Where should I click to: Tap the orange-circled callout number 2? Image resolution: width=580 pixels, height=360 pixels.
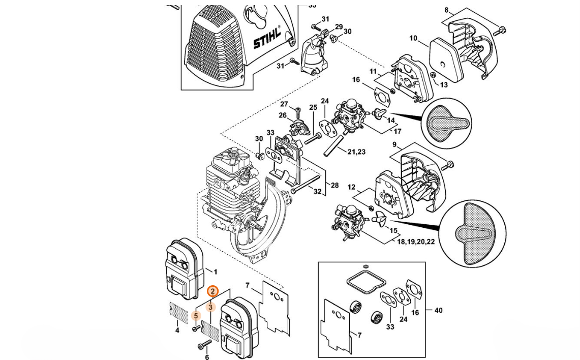(x=213, y=291)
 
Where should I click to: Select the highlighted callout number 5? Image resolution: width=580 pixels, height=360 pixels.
(x=196, y=316)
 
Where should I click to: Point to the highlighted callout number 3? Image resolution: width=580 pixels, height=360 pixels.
(x=210, y=307)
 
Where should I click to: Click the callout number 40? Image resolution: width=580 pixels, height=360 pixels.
(x=438, y=310)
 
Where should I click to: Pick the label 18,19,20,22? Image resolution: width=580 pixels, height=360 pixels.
(x=416, y=242)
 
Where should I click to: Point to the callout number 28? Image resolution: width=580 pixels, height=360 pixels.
(x=334, y=186)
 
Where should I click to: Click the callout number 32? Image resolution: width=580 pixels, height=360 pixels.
(x=317, y=192)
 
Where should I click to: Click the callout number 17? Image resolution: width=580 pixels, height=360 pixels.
(x=398, y=131)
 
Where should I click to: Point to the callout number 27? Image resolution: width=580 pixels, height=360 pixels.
(x=284, y=104)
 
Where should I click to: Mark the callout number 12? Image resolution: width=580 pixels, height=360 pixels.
(x=351, y=188)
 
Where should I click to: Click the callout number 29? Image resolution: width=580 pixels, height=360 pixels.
(x=339, y=27)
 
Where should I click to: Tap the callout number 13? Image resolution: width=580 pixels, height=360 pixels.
(x=444, y=85)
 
